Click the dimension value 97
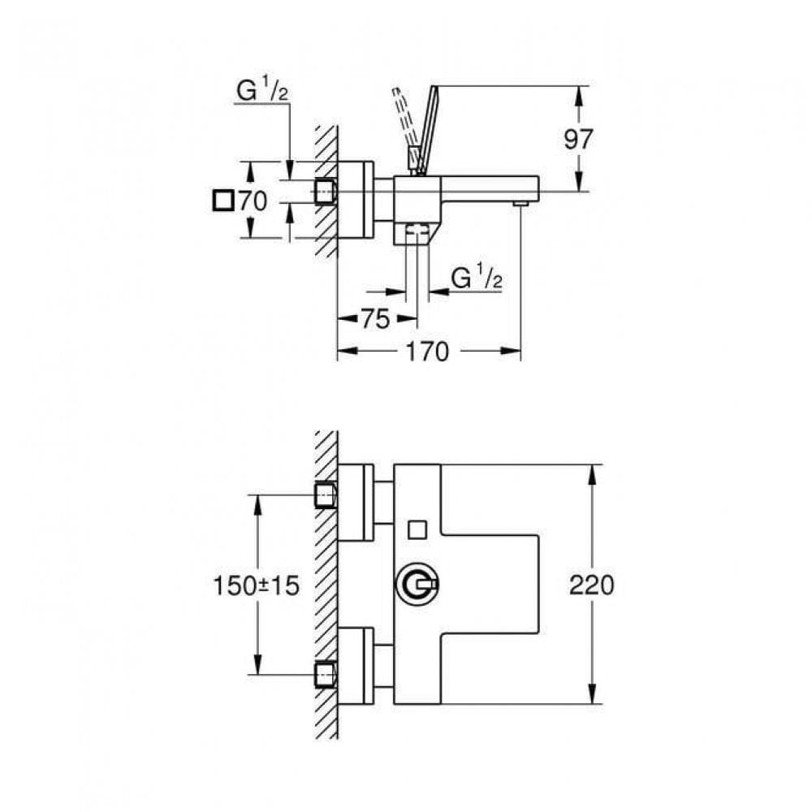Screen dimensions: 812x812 [577, 139]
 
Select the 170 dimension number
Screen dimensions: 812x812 [427, 352]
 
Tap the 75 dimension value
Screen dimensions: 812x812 [374, 319]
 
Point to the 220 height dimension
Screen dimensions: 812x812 [591, 585]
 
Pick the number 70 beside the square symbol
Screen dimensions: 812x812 [253, 201]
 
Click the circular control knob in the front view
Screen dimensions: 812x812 [421, 585]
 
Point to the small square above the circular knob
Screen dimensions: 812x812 [417, 529]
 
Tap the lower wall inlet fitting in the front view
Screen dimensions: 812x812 [326, 674]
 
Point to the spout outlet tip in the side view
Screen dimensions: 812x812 [520, 201]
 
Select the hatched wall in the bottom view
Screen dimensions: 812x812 [326, 585]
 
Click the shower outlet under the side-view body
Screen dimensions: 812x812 [417, 233]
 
